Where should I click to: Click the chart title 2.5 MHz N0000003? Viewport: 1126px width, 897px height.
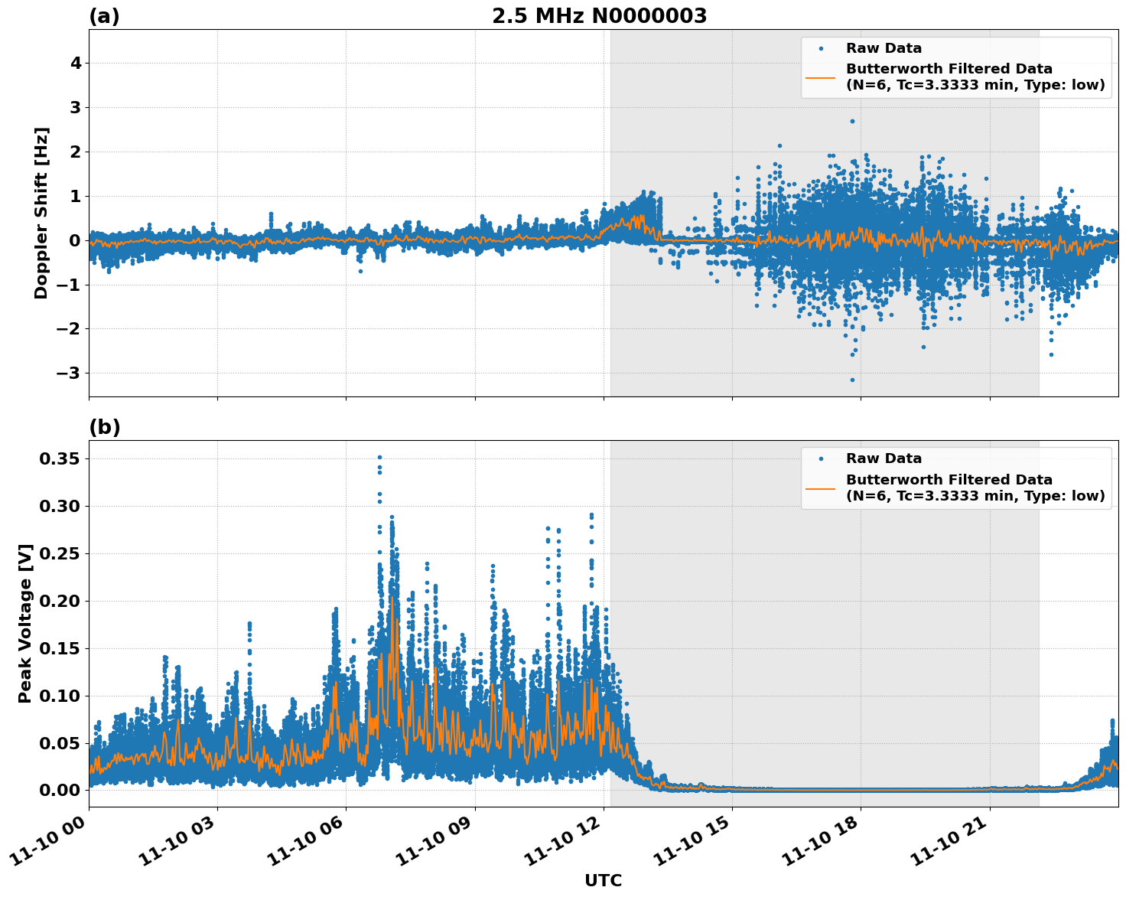click(599, 16)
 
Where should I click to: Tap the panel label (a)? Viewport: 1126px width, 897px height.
click(104, 16)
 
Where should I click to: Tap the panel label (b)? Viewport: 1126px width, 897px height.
click(104, 427)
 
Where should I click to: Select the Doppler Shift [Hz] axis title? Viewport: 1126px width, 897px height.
click(41, 213)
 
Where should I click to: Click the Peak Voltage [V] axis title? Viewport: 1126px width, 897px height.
click(25, 624)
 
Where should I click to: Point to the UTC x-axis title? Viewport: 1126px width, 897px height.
click(603, 880)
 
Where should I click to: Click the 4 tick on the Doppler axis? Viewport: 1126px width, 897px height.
click(76, 63)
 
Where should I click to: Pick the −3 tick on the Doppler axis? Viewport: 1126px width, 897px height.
click(70, 373)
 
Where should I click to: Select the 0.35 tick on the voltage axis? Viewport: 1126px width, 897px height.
click(60, 458)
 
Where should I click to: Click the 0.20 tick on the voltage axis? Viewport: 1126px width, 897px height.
click(60, 601)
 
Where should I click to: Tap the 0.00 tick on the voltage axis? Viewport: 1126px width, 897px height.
click(60, 790)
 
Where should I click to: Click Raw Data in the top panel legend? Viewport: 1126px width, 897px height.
click(884, 48)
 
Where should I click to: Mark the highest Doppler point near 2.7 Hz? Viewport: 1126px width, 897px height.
click(852, 121)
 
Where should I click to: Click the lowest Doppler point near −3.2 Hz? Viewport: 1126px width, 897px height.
click(852, 380)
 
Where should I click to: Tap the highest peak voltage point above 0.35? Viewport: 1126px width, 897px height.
click(379, 457)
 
